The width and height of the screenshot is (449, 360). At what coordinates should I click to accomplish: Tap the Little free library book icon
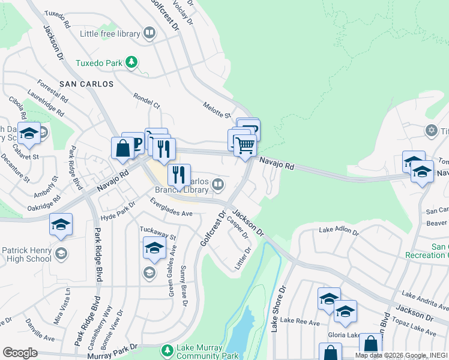point(149,34)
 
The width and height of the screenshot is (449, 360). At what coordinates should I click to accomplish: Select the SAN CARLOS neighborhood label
point(86,84)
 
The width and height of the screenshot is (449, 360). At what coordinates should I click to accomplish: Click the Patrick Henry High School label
point(26,254)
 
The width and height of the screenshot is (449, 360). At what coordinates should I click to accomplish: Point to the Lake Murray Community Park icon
point(167,349)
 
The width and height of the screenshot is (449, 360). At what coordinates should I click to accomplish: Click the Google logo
point(20,353)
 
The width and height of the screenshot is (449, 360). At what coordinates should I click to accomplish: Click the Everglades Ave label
point(172,209)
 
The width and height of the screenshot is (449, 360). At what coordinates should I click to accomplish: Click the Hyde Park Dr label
point(116,216)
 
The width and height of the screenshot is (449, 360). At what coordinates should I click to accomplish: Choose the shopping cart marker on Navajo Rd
point(245,145)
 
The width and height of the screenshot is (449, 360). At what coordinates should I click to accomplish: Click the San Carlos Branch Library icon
point(218,185)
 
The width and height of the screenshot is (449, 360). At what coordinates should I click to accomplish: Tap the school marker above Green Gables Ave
point(154,248)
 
